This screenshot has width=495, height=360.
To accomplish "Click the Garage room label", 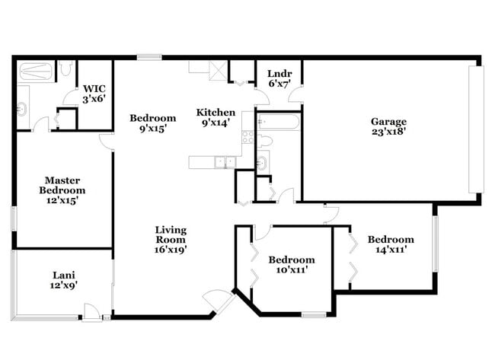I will click(388, 121).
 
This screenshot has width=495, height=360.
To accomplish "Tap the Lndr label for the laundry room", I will click(276, 74).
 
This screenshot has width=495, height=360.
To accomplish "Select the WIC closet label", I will click(94, 88).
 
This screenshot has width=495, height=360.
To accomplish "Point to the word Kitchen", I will click(216, 113).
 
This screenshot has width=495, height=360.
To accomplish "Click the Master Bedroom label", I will click(62, 185).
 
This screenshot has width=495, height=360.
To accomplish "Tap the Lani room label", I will click(63, 276).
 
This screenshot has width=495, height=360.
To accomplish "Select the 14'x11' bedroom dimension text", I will click(390, 250).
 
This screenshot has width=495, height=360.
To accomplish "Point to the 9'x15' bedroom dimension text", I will click(153, 129).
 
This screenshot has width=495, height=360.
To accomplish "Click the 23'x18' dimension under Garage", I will click(388, 132).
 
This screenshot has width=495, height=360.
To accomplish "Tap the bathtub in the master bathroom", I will click(36, 72).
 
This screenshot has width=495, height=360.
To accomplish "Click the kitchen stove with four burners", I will click(247, 137).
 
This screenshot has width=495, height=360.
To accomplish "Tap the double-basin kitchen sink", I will click(223, 161).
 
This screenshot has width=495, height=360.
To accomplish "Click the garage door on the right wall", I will click(478, 129).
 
